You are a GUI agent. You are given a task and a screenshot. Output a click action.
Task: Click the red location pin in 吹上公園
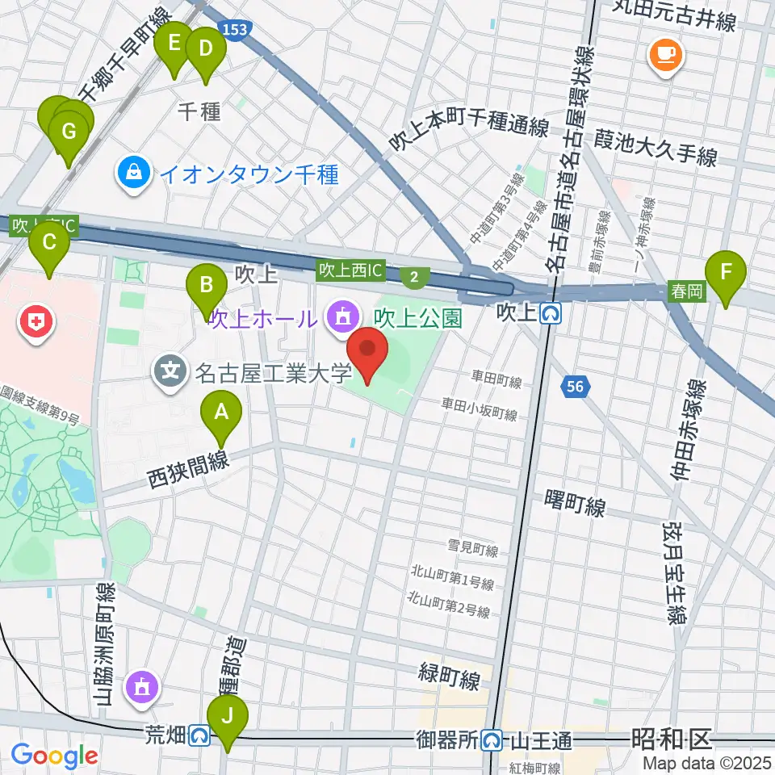[x=367, y=350]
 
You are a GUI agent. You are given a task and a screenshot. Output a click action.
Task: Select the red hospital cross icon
[x=36, y=324]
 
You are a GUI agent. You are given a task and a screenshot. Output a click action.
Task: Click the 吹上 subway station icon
[x=551, y=312]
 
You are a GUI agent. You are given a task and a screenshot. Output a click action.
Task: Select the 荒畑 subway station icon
[x=200, y=735]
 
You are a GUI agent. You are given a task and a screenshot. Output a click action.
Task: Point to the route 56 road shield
[x=575, y=387]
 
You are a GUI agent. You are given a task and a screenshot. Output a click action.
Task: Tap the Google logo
[x=54, y=756]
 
